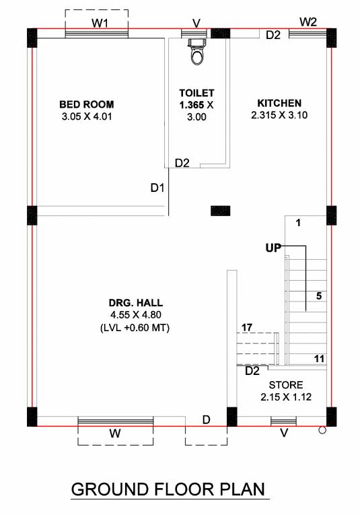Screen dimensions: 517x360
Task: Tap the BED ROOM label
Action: pos(86,104)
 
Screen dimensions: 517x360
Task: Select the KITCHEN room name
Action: pos(279,103)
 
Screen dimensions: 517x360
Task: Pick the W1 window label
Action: pos(100,23)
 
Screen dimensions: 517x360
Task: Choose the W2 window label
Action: pos(308,22)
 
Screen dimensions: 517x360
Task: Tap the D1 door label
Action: pos(157,188)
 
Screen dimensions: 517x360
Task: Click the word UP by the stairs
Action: pos(273,248)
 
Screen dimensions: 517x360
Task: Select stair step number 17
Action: pos(246,327)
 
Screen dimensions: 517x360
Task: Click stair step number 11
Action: pos(320,359)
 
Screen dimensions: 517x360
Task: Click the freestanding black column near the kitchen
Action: pos(220,211)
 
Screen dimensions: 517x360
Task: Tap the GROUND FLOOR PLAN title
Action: pos(168,488)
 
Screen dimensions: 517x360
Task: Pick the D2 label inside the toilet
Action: pos(182,163)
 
